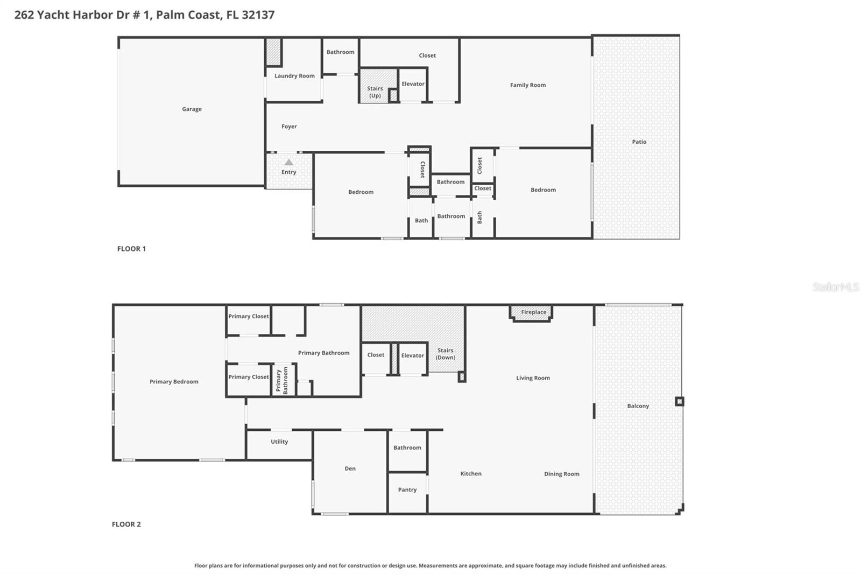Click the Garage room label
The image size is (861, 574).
coord(192,109)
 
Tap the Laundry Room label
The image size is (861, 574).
coord(294,76)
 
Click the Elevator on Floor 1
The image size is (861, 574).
coord(413,84)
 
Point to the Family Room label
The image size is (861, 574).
coord(527,85)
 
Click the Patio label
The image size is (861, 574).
coord(639,142)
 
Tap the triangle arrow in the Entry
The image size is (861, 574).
coord(289,162)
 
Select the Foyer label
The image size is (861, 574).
coord(289,127)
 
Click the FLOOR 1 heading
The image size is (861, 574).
coord(131,249)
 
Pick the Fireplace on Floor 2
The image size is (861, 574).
coord(533,312)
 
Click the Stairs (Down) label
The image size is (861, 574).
coord(446,354)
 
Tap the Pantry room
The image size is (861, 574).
coord(407,490)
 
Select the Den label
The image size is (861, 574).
coord(350,468)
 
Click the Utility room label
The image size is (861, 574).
coord(279,442)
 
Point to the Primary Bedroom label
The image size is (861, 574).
coord(174,382)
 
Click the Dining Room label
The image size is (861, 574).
coord(561,474)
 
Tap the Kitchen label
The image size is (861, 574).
coord(471,474)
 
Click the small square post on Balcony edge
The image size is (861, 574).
coord(679,401)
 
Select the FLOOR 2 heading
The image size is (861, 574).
coord(126,524)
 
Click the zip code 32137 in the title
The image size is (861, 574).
coord(258,15)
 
